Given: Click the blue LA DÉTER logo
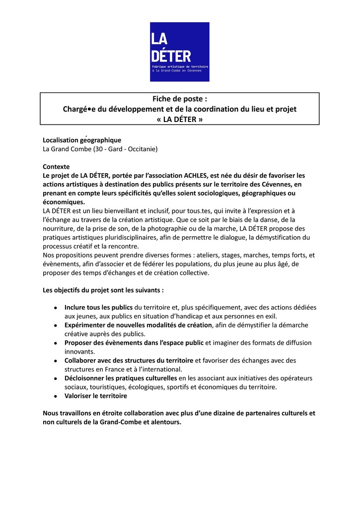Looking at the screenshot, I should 179,52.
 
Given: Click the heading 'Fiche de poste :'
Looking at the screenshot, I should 179,99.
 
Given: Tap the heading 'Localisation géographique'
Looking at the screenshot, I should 82,140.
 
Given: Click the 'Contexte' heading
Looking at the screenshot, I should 56,167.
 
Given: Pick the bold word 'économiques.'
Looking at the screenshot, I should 64,202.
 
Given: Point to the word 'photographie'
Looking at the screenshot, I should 164,229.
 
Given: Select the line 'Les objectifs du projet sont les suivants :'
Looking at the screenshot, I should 103,290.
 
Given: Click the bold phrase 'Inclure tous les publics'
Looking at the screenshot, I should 98,308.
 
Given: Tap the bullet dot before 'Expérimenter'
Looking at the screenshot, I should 56,325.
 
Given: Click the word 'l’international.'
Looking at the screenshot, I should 159,370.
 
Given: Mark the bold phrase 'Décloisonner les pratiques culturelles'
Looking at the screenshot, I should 121,379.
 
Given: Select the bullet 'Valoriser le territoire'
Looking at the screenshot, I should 96,396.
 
